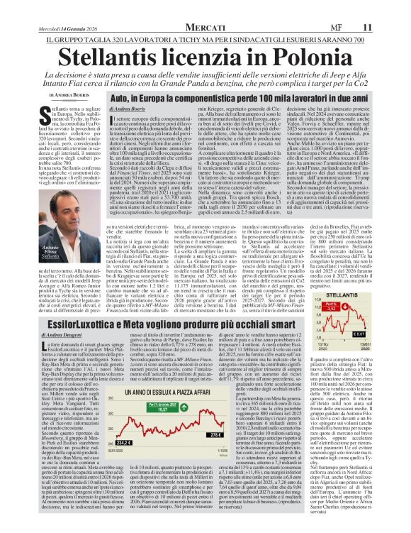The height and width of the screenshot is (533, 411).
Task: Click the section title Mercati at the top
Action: (205, 27)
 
